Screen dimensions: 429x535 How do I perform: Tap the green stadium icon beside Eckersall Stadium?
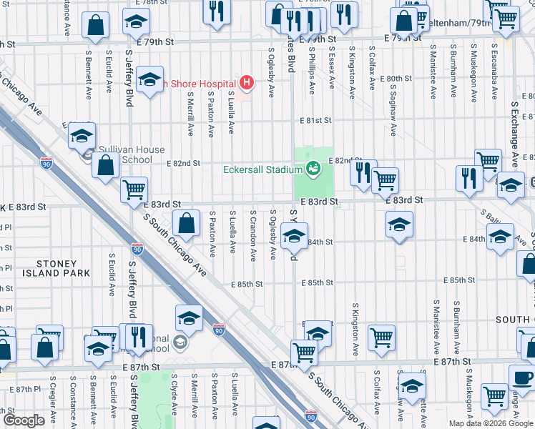click(313, 169)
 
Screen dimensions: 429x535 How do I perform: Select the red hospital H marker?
click(247, 83)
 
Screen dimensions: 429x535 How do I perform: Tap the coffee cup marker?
click(521, 377)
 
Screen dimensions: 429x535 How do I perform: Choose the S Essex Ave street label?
click(332, 69)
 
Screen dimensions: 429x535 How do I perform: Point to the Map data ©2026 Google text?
click(490, 423)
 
